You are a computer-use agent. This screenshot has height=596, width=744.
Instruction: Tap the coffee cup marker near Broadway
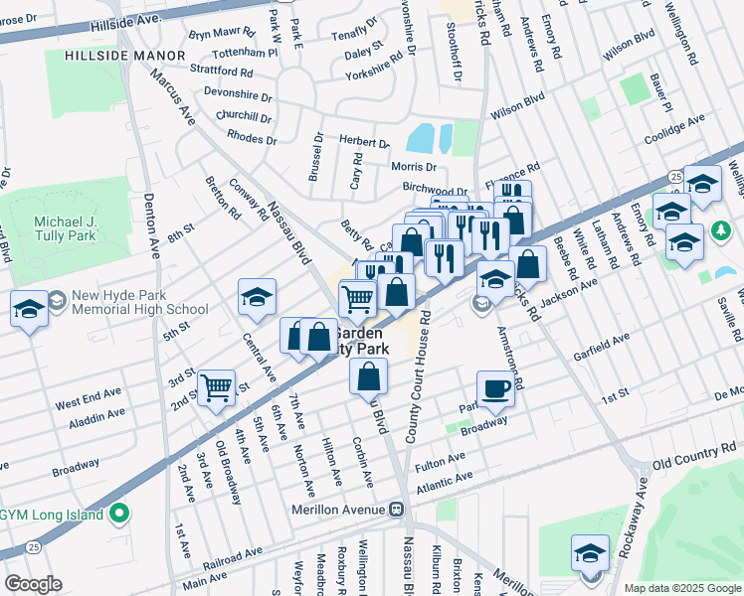[495, 389]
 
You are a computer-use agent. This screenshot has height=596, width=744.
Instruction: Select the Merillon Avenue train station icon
[396, 510]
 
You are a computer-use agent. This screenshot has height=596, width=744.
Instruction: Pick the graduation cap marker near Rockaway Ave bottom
[590, 552]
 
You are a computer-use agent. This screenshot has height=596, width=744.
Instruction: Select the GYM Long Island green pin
[120, 514]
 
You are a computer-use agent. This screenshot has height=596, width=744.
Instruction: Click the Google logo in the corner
[32, 584]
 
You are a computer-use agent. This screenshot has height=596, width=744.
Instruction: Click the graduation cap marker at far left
[30, 309]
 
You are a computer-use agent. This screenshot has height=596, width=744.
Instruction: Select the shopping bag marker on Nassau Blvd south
[368, 377]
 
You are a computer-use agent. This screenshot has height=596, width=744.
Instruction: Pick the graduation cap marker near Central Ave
[257, 297]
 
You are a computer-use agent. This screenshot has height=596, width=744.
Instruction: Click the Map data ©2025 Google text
[681, 588]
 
